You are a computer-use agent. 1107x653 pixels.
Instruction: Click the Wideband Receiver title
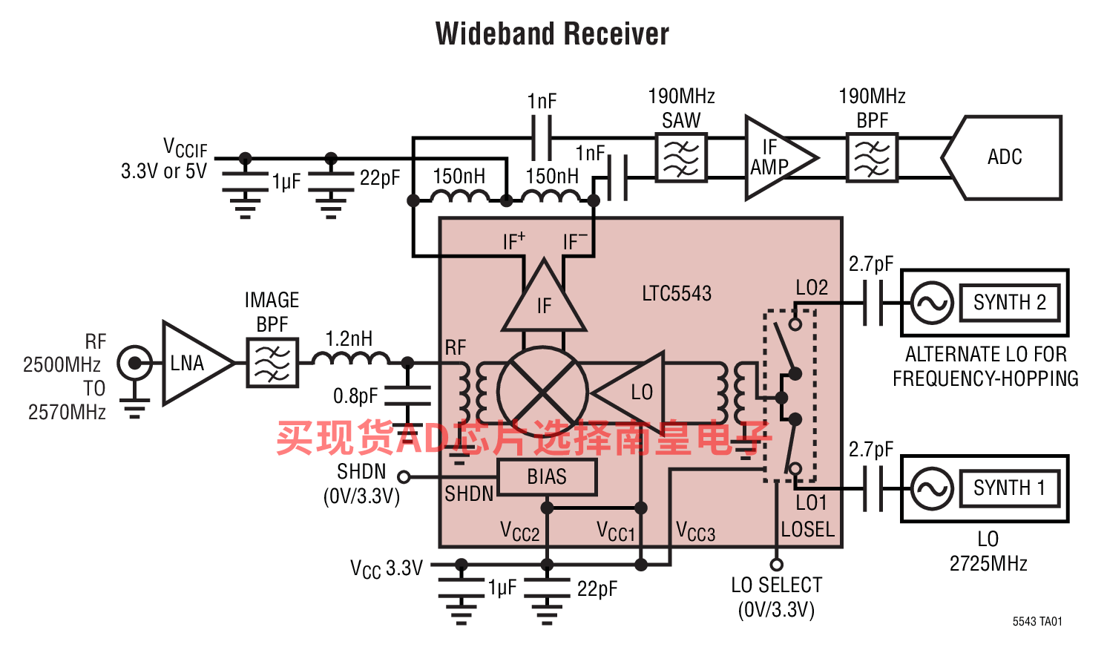click(x=552, y=34)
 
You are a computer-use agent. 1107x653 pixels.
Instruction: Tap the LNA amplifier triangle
click(x=197, y=364)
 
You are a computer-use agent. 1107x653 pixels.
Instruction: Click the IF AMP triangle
click(x=781, y=158)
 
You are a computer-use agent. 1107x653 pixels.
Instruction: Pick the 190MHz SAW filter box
click(x=682, y=158)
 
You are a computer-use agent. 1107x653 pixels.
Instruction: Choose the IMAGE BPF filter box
click(x=272, y=363)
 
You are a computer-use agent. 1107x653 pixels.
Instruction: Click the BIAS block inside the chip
click(x=547, y=477)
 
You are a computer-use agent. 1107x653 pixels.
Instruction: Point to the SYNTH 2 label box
click(x=1010, y=303)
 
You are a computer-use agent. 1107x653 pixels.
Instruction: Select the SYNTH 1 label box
click(x=1010, y=488)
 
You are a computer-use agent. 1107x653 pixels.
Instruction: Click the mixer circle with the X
click(x=542, y=393)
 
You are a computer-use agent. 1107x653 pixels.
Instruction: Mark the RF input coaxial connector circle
click(x=134, y=364)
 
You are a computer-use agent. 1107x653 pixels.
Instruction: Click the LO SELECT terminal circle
click(x=776, y=565)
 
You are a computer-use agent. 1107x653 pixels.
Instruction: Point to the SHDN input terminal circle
click(x=404, y=477)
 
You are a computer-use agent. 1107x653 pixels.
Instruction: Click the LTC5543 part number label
click(x=677, y=294)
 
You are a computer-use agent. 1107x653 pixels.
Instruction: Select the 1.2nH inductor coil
click(x=352, y=358)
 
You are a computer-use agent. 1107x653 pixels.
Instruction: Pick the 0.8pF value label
click(x=355, y=396)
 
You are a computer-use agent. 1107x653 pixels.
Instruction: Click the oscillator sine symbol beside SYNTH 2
click(x=932, y=303)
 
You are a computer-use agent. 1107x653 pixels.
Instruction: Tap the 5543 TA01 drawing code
click(x=1037, y=621)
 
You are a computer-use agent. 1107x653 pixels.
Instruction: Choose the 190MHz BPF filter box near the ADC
click(x=873, y=158)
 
